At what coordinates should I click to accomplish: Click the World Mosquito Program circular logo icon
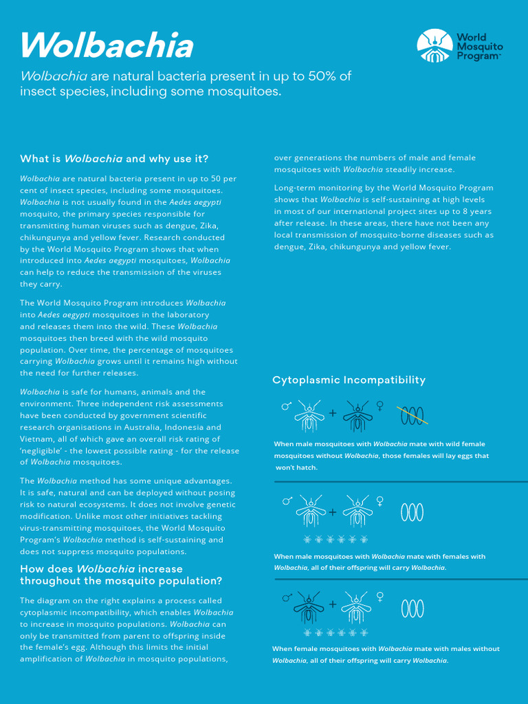(x=434, y=46)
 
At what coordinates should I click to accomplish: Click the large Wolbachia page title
(x=107, y=46)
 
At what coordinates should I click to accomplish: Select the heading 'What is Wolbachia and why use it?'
(x=114, y=159)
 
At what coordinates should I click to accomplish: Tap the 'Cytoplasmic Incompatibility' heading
(x=349, y=380)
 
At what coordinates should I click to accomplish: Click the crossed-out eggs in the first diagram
(x=412, y=415)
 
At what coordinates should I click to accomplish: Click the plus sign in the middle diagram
(x=333, y=512)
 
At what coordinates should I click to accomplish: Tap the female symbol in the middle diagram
(x=379, y=500)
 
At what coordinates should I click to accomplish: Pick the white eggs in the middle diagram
(x=412, y=512)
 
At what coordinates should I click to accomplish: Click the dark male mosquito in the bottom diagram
(x=309, y=605)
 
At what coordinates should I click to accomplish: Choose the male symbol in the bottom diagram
(x=286, y=598)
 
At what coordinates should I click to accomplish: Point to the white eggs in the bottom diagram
(x=412, y=608)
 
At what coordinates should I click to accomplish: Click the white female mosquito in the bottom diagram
(x=357, y=605)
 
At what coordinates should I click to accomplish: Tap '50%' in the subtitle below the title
(x=325, y=76)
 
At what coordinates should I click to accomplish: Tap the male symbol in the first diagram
(x=286, y=407)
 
